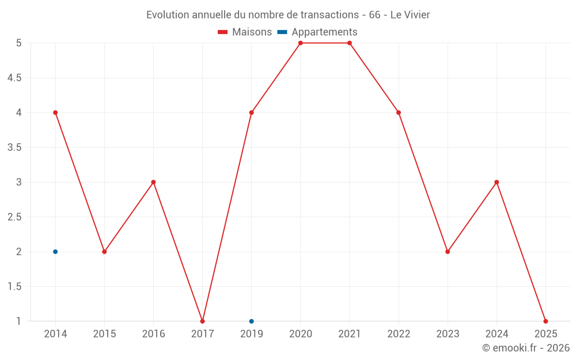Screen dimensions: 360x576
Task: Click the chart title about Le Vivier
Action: (288, 14)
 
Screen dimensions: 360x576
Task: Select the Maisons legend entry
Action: (245, 32)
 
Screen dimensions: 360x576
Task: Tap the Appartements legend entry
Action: (317, 32)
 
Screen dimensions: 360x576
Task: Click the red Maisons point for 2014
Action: (55, 112)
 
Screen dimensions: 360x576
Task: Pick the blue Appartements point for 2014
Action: (55, 252)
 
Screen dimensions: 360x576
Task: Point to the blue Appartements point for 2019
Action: (251, 321)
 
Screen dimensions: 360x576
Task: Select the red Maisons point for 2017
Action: (202, 321)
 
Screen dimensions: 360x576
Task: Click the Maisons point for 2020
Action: (301, 43)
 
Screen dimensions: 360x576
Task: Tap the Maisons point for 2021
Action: (350, 43)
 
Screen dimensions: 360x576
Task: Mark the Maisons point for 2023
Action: (448, 252)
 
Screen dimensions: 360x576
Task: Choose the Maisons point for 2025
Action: (545, 321)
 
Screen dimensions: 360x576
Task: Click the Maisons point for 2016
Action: (153, 182)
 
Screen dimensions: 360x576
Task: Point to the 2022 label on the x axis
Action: (399, 334)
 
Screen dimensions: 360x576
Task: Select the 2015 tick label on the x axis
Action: (104, 334)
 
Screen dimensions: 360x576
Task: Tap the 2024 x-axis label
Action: (497, 334)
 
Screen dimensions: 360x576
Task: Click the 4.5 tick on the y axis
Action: (14, 78)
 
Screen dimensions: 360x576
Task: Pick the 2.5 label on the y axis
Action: (14, 217)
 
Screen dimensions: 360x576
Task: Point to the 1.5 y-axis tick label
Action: (14, 287)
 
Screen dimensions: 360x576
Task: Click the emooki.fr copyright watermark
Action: (526, 348)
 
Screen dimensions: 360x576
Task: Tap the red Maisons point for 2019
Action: (251, 112)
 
